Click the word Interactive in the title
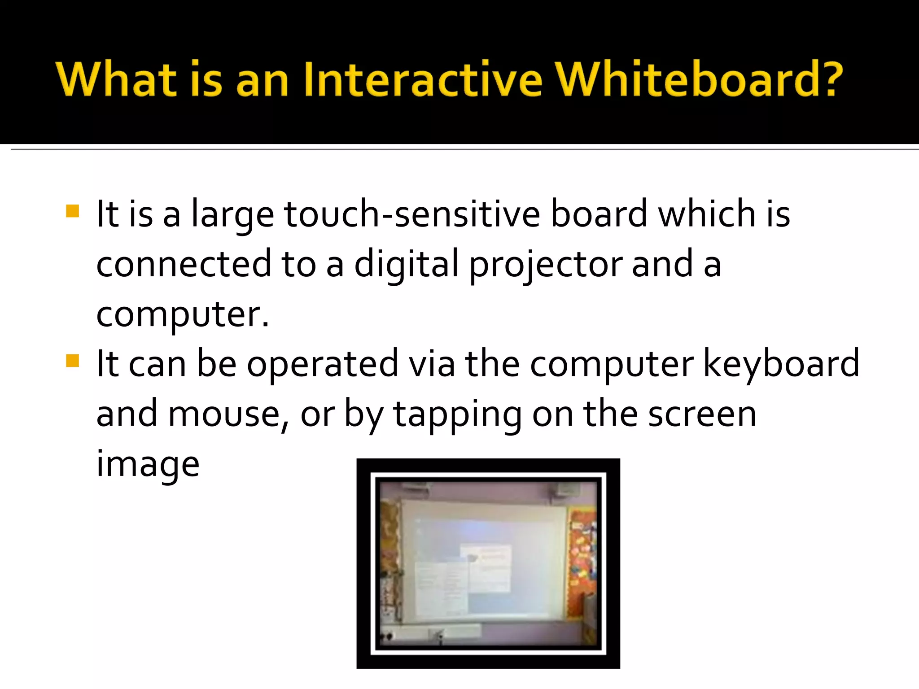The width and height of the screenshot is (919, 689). tap(423, 79)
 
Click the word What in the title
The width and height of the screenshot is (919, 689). tap(116, 79)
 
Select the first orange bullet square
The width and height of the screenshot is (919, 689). tap(72, 211)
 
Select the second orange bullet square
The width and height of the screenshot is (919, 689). tap(72, 361)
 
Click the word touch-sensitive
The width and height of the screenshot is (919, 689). tap(412, 214)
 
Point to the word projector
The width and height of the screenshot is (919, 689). tap(546, 265)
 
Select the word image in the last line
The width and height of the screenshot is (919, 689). tap(148, 465)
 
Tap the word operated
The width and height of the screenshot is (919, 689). tap(322, 364)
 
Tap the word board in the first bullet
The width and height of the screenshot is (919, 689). tap(599, 214)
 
